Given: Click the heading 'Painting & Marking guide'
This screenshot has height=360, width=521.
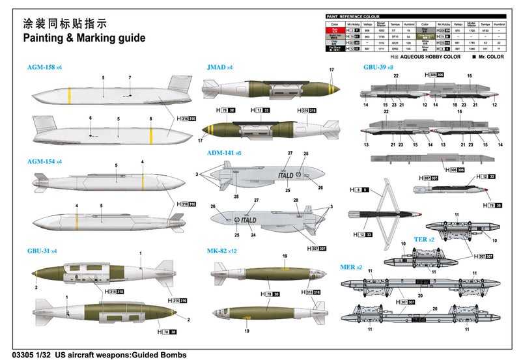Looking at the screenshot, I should click(x=84, y=38).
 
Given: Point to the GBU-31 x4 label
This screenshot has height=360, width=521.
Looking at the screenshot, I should click(x=43, y=250).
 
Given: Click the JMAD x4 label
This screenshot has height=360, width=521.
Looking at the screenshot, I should click(x=219, y=67).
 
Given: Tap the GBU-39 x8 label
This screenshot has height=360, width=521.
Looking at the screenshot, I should click(x=378, y=67).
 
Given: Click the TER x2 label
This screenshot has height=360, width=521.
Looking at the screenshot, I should click(x=424, y=239).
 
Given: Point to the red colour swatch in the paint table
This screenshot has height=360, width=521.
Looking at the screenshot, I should click(x=335, y=30).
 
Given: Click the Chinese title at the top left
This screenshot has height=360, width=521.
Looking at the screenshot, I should click(x=64, y=23).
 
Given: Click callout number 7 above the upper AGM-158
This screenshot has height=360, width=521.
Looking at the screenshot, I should click(x=130, y=78).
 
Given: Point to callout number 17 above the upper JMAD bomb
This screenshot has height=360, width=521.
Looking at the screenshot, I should click(x=331, y=70).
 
